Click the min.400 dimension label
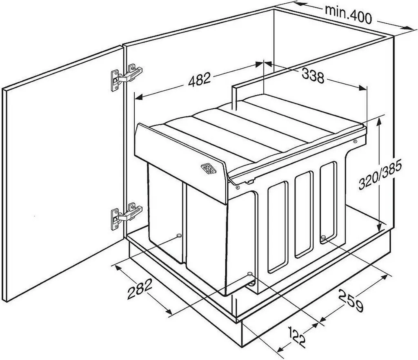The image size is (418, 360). [x=348, y=15]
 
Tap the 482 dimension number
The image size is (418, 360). [x=199, y=79]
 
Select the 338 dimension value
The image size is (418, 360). [x=313, y=75]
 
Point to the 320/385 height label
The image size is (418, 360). [x=380, y=176]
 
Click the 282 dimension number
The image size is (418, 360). [x=140, y=288]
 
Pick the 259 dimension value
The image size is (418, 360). [x=351, y=300]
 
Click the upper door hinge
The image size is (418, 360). [x=127, y=76]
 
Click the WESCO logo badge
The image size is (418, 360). [x=209, y=169]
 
